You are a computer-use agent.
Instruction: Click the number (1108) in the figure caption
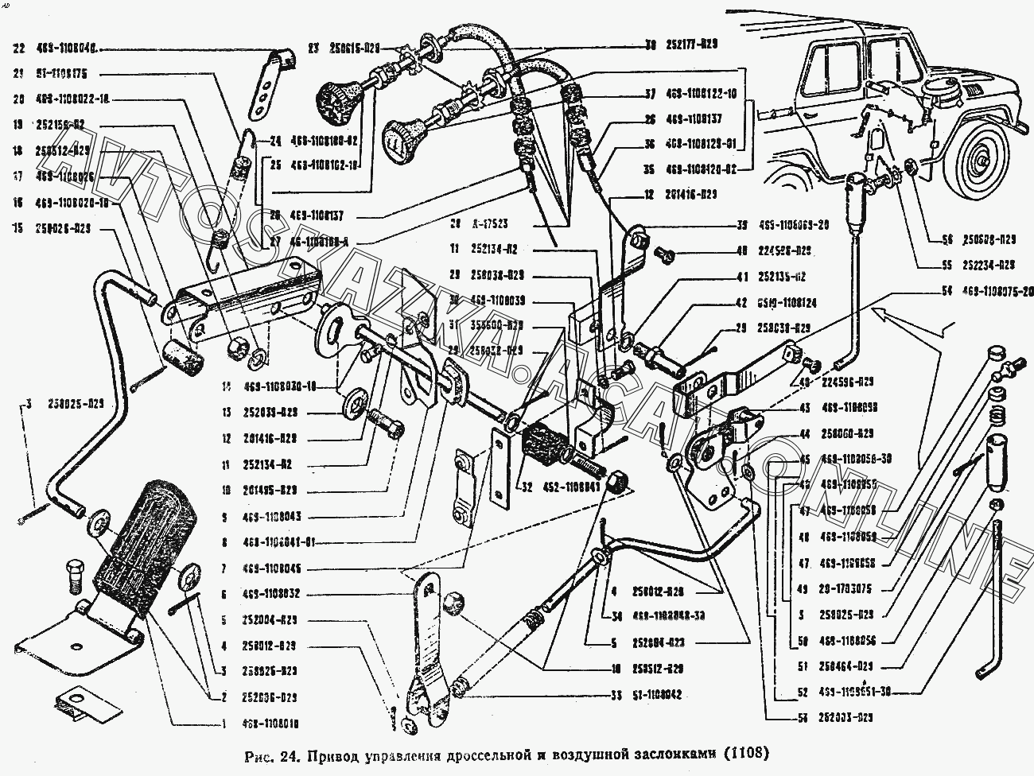(748, 752)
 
